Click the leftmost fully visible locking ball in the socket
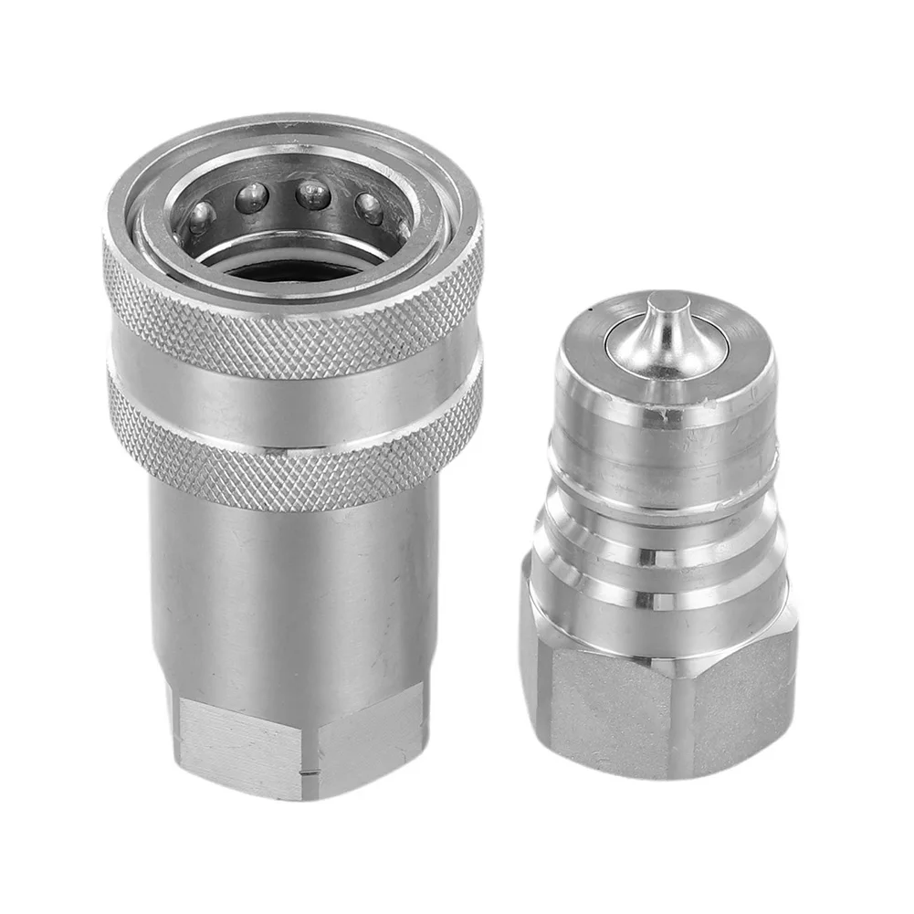[x=201, y=217]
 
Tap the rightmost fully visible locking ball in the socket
[x=368, y=207]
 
